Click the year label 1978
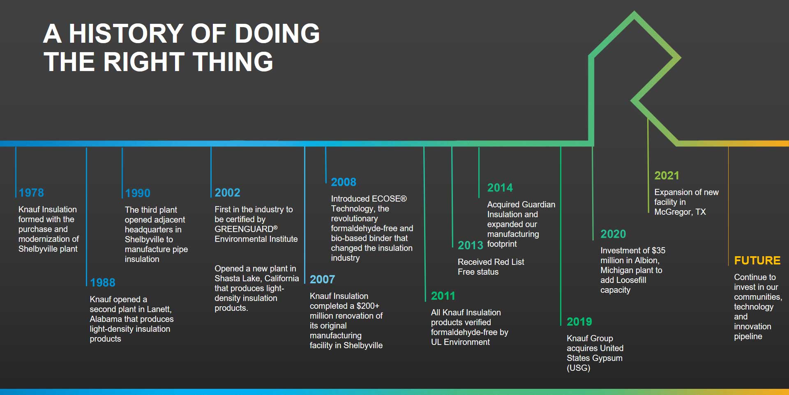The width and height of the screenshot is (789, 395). pyautogui.click(x=31, y=193)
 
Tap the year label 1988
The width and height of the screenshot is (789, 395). pyautogui.click(x=103, y=282)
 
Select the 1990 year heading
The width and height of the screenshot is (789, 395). pyautogui.click(x=138, y=193)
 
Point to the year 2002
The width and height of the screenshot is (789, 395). pyautogui.click(x=227, y=193)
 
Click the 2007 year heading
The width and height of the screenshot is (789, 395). pyautogui.click(x=322, y=279)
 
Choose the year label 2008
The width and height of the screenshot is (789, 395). pyautogui.click(x=344, y=182)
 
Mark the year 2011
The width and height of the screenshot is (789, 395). pyautogui.click(x=443, y=296)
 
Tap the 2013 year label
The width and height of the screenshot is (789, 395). pyautogui.click(x=470, y=245)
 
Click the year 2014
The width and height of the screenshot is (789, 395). pyautogui.click(x=500, y=188)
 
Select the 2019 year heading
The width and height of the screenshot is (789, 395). pyautogui.click(x=579, y=322)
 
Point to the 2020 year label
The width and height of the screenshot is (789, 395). pyautogui.click(x=613, y=234)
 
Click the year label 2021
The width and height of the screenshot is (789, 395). pyautogui.click(x=667, y=176)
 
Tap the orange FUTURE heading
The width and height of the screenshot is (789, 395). pyautogui.click(x=757, y=260)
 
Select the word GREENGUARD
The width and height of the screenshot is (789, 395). pyautogui.click(x=244, y=229)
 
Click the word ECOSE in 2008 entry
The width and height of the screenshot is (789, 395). pyautogui.click(x=385, y=199)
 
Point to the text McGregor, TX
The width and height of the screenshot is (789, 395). pyautogui.click(x=680, y=212)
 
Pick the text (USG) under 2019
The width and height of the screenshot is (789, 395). pyautogui.click(x=578, y=368)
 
